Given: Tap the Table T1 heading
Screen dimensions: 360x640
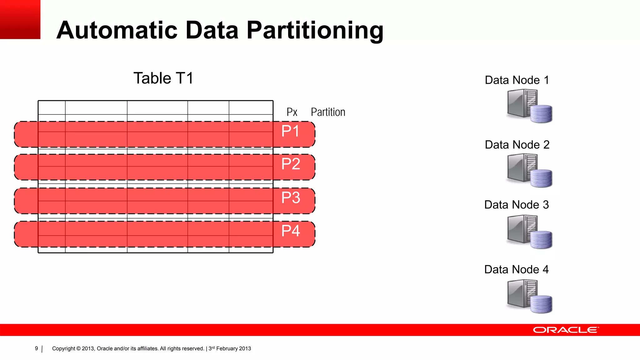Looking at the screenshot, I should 163,78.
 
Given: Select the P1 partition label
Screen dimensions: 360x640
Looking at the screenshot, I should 290,131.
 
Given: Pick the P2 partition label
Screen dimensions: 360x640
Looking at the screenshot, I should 291,164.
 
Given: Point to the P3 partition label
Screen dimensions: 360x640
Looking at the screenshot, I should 291,198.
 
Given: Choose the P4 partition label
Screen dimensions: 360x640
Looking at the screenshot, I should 291,231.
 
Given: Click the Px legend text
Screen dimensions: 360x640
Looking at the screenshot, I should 292,112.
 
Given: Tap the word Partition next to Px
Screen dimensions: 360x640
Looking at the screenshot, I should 328,112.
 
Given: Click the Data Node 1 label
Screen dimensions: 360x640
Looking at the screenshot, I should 517,80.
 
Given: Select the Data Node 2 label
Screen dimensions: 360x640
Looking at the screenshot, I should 517,145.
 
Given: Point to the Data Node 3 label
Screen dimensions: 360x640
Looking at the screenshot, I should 516,205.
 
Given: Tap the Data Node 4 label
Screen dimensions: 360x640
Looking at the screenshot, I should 516,270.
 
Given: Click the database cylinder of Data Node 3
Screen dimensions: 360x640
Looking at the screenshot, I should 541,240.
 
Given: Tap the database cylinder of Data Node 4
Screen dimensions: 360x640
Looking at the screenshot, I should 541,304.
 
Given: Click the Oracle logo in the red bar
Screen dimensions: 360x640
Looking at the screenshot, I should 565,330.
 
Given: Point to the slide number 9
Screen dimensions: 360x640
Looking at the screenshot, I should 37,348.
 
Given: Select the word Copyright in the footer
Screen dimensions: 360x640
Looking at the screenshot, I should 63,348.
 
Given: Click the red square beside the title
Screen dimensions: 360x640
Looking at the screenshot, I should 20,19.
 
